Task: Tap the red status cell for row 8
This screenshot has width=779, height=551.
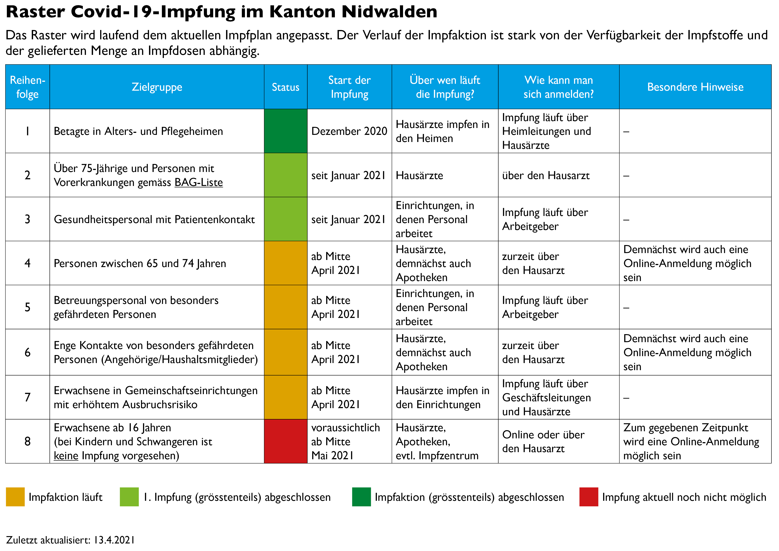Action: click(285, 441)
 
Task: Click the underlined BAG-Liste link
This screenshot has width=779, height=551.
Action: click(199, 182)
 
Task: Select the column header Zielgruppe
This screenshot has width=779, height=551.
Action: click(157, 87)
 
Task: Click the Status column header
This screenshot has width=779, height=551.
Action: click(285, 87)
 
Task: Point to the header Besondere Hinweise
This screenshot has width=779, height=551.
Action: click(695, 87)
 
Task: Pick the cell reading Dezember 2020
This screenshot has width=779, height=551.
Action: click(349, 131)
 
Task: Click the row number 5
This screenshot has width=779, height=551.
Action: click(28, 307)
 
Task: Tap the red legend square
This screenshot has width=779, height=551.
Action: click(589, 497)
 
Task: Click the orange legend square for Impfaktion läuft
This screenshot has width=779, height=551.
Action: click(15, 497)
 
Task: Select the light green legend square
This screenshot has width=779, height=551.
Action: click(129, 497)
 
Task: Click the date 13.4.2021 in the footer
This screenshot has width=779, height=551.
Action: click(114, 540)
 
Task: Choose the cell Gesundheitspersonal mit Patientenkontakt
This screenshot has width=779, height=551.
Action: click(154, 219)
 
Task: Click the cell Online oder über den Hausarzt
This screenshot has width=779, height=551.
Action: click(543, 441)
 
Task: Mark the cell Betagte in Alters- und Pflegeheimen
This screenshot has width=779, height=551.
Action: click(138, 131)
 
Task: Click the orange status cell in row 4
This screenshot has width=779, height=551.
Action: click(285, 263)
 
